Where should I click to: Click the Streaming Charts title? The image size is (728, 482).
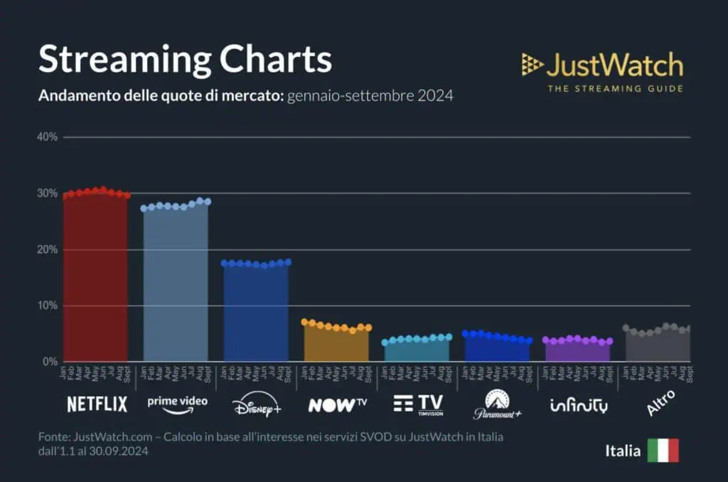click(185, 59)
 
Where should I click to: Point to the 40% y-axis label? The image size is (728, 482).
click(47, 137)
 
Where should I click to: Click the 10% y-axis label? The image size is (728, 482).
click(47, 305)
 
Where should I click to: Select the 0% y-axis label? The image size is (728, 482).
click(50, 362)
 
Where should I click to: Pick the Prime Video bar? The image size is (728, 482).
click(176, 285)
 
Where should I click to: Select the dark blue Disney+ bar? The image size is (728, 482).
click(256, 313)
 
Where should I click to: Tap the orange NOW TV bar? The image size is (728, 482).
click(336, 345)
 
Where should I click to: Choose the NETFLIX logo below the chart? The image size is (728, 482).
click(97, 404)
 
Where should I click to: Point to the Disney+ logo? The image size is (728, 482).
click(257, 406)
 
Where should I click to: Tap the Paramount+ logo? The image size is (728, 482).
click(498, 404)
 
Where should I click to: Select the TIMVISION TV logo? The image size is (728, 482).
click(418, 404)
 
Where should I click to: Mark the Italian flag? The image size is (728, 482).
click(663, 451)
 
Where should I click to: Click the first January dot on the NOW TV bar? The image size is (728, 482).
click(305, 322)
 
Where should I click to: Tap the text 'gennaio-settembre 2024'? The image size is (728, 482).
click(370, 96)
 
